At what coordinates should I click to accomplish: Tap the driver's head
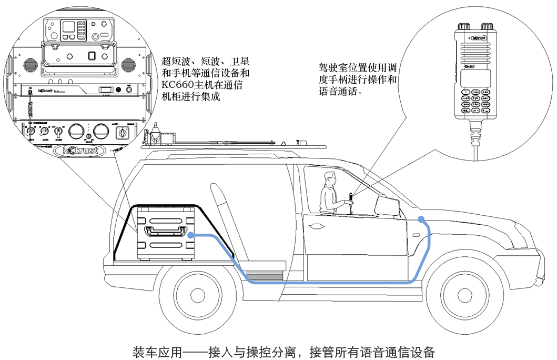tap(330, 179)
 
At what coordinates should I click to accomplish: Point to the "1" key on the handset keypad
tap(465, 92)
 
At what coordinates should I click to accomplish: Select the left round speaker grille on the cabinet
tap(29, 65)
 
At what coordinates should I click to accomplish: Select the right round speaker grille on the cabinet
tap(129, 65)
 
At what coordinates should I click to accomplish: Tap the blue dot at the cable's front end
tap(421, 218)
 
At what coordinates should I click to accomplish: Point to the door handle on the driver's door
tap(317, 227)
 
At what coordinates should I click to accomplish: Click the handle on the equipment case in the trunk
tap(166, 230)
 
